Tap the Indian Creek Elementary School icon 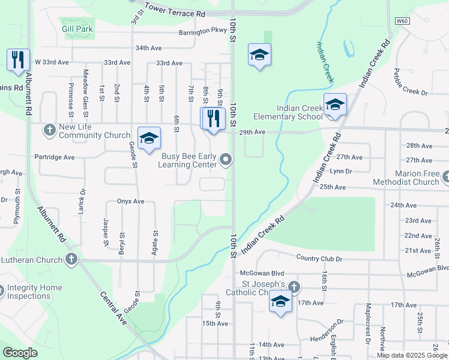[x=335, y=104]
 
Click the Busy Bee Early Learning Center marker [x=226, y=159]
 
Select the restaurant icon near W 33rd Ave [x=18, y=59]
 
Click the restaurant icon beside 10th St [x=212, y=118]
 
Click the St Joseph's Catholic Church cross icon [x=293, y=286]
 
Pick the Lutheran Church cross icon [x=71, y=260]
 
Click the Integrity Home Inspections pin [x=1, y=290]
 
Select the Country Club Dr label [x=319, y=258]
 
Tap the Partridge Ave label [x=54, y=157]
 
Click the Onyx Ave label [x=131, y=202]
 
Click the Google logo [x=20, y=353]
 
